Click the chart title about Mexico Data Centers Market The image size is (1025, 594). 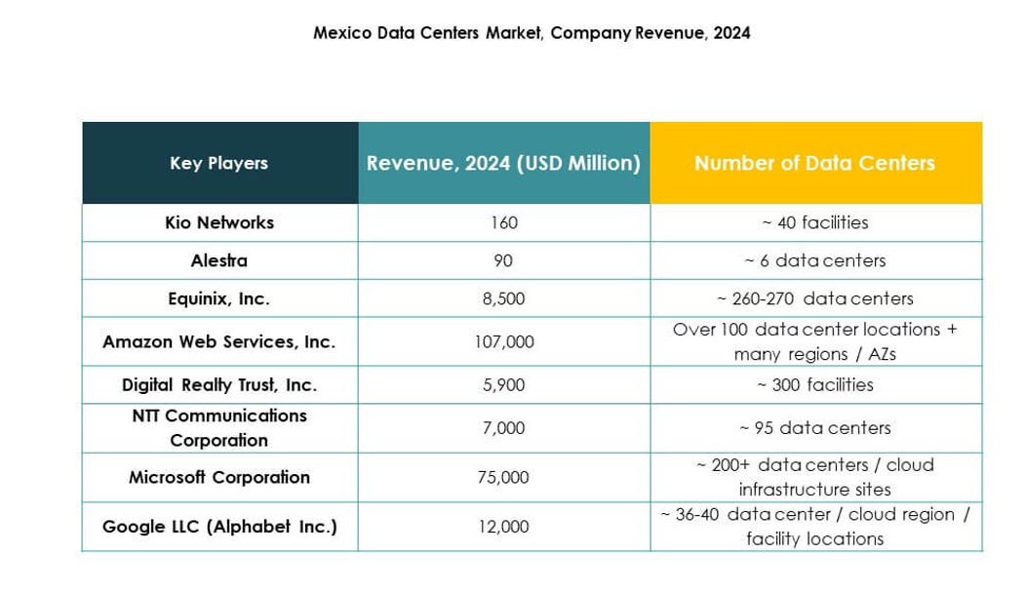coord(532,33)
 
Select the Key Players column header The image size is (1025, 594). coord(218,163)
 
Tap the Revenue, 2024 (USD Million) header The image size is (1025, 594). coord(503,163)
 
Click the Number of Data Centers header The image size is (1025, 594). coord(814,163)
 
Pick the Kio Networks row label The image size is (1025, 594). coord(219,222)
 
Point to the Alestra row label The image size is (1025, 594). coord(219,260)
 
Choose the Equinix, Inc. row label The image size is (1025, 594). coord(219,298)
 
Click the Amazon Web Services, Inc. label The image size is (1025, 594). coord(219,341)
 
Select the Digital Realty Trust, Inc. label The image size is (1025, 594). coord(219,384)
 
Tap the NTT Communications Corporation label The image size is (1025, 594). coord(219,427)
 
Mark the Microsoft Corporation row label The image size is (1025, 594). coord(219,477)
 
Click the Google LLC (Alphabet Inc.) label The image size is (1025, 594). coord(219,527)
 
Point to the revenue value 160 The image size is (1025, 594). coord(503,222)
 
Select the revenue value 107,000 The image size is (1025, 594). coord(503,342)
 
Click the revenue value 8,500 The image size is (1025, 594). coord(503,298)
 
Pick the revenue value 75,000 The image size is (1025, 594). coord(503,477)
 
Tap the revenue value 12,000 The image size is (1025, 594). coord(503,527)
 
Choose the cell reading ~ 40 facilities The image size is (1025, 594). coord(814,222)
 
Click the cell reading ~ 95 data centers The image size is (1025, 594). coord(814,427)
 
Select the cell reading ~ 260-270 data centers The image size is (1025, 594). coord(814,298)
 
